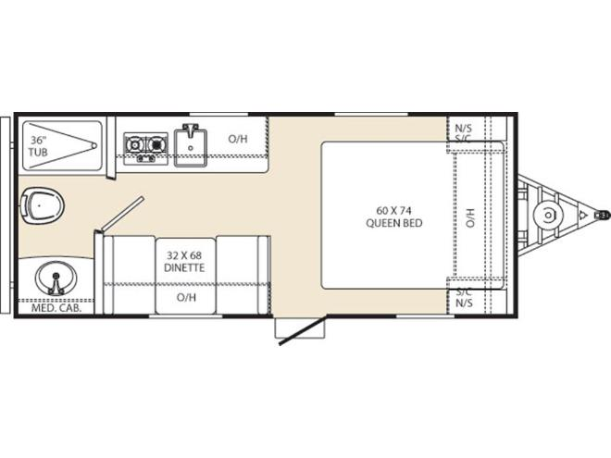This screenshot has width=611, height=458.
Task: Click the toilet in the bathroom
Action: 42,205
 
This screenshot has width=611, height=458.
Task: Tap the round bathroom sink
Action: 56,279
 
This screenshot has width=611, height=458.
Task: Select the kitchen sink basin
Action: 190,145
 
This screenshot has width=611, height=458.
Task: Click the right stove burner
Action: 156,145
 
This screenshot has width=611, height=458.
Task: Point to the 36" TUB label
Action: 38,146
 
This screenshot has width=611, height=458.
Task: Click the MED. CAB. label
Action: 56,308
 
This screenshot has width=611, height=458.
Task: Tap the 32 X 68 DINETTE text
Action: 184,262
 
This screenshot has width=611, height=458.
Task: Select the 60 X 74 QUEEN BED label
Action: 394,217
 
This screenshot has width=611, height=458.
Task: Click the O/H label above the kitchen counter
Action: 238,139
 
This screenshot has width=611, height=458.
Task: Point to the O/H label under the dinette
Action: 186,298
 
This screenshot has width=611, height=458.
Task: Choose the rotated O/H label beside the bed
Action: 470,217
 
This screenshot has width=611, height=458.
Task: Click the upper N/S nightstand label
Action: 463,128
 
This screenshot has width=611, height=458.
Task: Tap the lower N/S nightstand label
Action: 464,303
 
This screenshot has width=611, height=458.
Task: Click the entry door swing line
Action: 304,329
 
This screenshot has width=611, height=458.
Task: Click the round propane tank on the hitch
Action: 548,215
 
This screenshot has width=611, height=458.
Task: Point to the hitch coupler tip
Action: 604,215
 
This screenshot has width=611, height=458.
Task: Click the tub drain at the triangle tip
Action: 94,145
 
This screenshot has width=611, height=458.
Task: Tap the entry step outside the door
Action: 300,328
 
